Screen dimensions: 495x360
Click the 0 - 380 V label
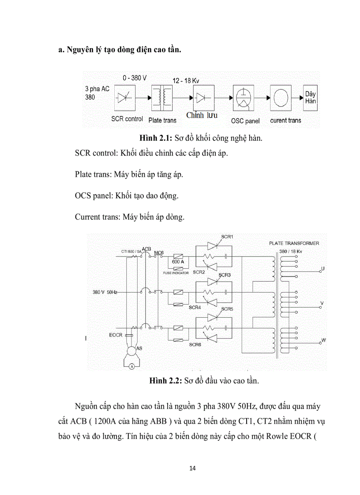135,78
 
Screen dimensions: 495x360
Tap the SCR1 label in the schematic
227,237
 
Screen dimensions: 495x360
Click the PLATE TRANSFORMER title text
294,243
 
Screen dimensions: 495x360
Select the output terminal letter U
323,268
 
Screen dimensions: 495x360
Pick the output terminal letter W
323,340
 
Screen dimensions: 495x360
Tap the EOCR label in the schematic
116,335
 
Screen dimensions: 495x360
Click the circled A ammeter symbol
131,366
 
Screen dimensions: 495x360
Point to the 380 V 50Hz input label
105,292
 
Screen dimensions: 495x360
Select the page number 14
192,468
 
